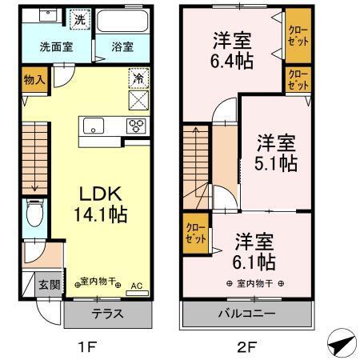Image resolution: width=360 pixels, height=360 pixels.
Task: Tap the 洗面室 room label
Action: [56, 46]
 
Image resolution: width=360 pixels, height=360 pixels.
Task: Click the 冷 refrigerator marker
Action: [137, 81]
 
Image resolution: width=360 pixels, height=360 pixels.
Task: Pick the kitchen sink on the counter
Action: [93, 126]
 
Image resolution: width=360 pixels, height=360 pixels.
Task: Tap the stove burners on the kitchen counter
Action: [136, 126]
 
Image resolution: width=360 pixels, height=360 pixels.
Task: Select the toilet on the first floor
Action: [34, 214]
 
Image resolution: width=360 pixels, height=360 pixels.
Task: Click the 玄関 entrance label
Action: [46, 283]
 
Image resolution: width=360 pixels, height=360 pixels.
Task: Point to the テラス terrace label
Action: [106, 314]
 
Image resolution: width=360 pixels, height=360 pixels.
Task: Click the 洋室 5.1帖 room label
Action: [277, 153]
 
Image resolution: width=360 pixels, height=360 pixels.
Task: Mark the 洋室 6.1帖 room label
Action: [255, 251]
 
